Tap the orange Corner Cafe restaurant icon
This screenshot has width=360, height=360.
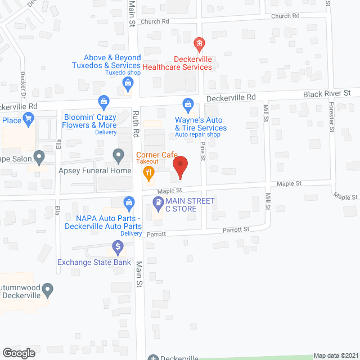[148, 173]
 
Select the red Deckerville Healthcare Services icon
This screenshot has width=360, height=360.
[199, 43]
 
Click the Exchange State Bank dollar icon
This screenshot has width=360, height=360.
[118, 246]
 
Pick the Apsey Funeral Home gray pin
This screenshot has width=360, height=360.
[118, 154]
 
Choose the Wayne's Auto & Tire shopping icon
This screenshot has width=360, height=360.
[188, 104]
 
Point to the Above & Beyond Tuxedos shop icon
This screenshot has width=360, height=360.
[128, 84]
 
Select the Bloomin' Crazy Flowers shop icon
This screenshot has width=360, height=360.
[103, 102]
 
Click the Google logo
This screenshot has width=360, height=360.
[18, 353]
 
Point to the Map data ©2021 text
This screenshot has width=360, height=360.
[335, 355]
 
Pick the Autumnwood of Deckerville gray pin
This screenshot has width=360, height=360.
[48, 291]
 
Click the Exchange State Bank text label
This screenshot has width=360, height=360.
[94, 262]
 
